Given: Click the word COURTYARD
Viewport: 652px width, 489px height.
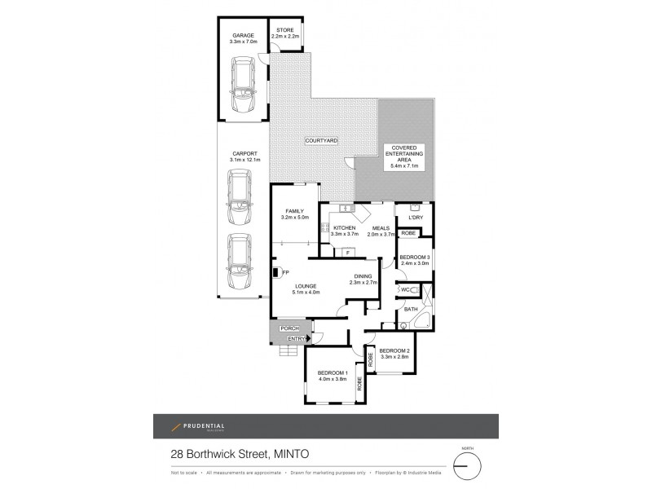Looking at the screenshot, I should [321, 141].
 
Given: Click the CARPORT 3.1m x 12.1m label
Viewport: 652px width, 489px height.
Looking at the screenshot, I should [244, 156].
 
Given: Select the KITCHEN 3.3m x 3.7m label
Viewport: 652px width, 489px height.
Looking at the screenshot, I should [344, 231].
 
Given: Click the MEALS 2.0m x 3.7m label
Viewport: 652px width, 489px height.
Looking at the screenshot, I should [380, 231].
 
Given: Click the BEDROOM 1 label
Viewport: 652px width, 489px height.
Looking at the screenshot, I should [333, 376].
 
